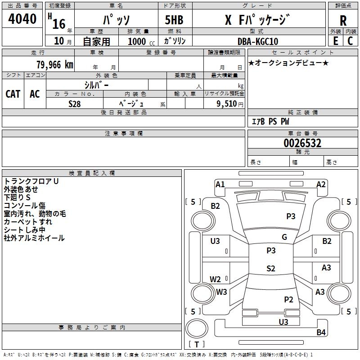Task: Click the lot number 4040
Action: pyautogui.click(x=22, y=18)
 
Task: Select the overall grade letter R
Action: pyautogui.click(x=343, y=21)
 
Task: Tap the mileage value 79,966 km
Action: pyautogui.click(x=55, y=64)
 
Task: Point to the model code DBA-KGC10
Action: pyautogui.click(x=258, y=41)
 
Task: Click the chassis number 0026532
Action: pyautogui.click(x=302, y=143)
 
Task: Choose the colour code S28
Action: pyautogui.click(x=75, y=104)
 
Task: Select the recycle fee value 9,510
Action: pyautogui.click(x=227, y=104)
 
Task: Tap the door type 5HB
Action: pyautogui.click(x=174, y=20)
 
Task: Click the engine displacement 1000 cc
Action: pyautogui.click(x=141, y=41)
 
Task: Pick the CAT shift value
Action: pyautogui.click(x=13, y=94)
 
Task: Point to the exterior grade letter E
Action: pyautogui.click(x=335, y=41)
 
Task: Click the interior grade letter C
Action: pyautogui.click(x=350, y=41)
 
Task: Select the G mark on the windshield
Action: pyautogui.click(x=284, y=237)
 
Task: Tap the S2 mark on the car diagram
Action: pyautogui.click(x=271, y=268)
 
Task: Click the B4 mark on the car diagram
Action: pyautogui.click(x=321, y=332)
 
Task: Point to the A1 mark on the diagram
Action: pyautogui.click(x=220, y=184)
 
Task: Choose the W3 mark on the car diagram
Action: pyautogui.click(x=221, y=292)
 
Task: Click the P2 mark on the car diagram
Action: pyautogui.click(x=288, y=299)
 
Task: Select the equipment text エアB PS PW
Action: pyautogui.click(x=270, y=121)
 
